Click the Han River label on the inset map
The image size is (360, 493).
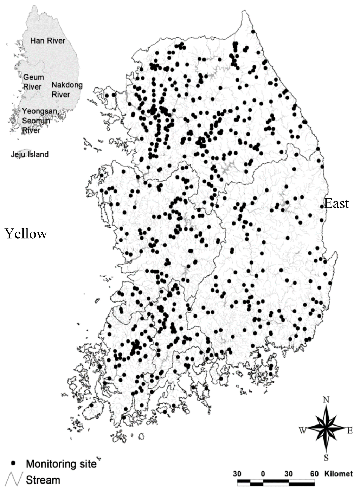point(47,41)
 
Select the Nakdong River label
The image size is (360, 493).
point(67,90)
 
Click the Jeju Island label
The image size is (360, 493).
point(30,154)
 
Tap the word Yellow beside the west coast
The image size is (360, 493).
point(26,233)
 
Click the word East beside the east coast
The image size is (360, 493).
point(336,203)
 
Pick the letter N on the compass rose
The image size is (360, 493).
point(326,400)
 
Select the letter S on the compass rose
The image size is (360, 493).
point(326,458)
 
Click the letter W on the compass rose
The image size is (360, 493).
point(302,430)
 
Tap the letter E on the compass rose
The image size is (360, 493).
point(350,430)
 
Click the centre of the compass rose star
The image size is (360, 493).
point(326,428)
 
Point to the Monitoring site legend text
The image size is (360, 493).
point(61,464)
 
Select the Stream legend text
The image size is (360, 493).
point(43,480)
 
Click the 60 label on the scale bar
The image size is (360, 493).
point(314,474)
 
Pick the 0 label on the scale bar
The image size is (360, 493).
point(263,474)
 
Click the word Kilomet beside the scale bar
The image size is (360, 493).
point(338,474)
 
